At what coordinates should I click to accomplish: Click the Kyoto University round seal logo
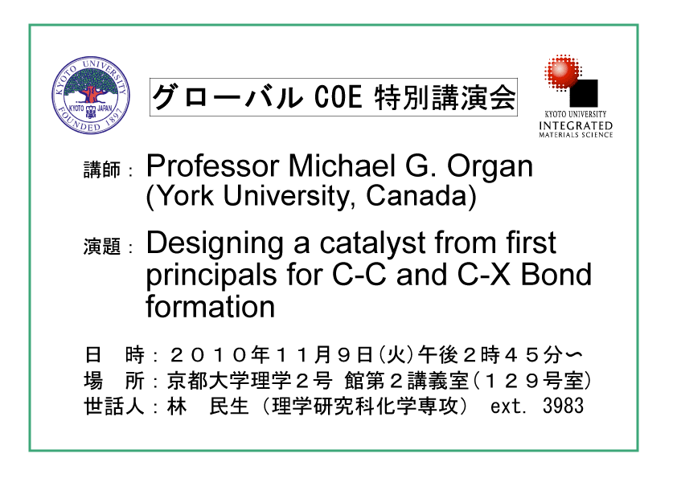pos(91,95)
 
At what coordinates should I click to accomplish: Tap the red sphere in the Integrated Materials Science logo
pos(562,71)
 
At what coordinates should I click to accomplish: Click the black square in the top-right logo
pos(583,92)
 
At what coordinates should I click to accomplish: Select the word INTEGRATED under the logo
pos(576,125)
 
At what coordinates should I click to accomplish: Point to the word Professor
pos(212,165)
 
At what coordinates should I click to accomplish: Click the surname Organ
pos(490,167)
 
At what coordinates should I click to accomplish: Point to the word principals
pos(211,276)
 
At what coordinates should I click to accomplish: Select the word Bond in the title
pos(556,275)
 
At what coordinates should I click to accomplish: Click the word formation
pos(211,306)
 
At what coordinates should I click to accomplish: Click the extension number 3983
pos(563,406)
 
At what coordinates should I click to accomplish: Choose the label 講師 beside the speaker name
pos(102,170)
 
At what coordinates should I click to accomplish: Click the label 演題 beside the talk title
pos(102,247)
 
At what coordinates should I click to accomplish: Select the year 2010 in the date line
pos(207,355)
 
